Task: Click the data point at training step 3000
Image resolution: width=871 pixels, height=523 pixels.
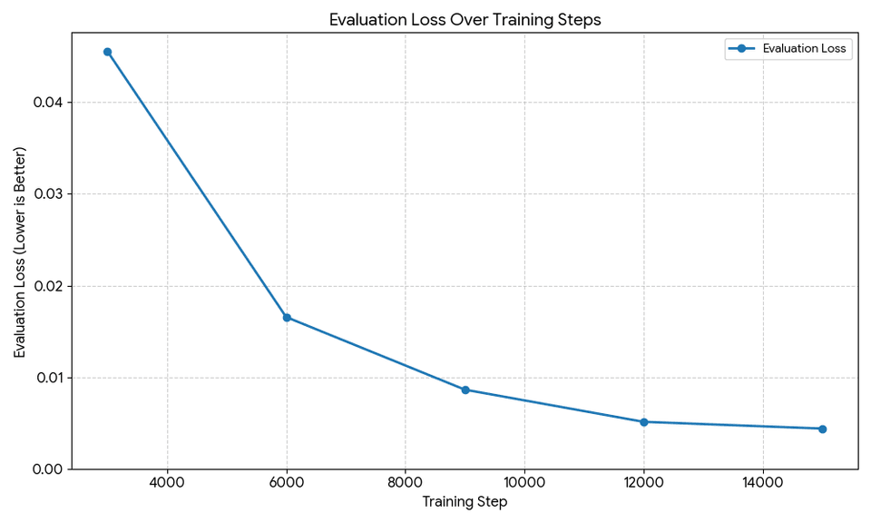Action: click(x=107, y=52)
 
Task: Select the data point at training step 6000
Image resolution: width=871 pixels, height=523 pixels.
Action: click(x=287, y=318)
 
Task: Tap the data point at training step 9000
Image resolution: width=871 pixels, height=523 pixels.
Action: click(x=465, y=390)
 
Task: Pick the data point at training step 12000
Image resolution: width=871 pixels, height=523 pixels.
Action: click(x=644, y=422)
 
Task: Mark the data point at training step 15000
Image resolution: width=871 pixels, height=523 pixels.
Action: click(x=822, y=429)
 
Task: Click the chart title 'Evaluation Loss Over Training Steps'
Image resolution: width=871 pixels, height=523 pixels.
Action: click(x=465, y=19)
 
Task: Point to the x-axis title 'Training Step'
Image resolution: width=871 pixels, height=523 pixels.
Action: click(x=465, y=501)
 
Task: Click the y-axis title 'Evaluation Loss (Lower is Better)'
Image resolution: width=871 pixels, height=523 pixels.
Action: click(x=20, y=252)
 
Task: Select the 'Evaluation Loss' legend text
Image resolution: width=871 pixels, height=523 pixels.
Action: click(x=805, y=49)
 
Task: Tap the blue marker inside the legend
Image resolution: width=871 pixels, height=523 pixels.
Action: click(x=741, y=49)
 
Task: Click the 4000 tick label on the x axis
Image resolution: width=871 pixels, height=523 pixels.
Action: click(x=167, y=483)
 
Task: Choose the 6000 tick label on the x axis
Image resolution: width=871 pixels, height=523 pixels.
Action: click(x=287, y=483)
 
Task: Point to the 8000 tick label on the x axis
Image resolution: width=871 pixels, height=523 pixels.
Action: click(x=406, y=483)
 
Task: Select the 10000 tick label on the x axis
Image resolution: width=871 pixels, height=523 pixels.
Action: click(x=524, y=483)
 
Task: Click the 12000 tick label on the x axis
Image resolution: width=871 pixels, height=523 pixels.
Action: click(x=644, y=483)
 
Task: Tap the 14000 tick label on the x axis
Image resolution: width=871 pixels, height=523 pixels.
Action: click(x=763, y=483)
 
